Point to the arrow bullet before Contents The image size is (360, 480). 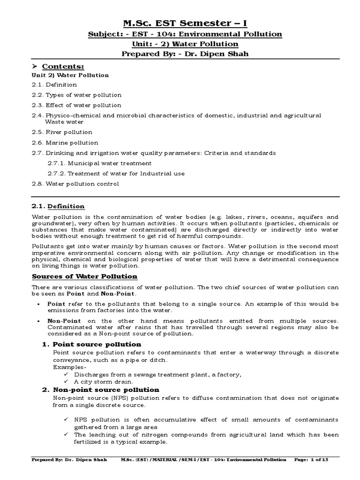coord(35,67)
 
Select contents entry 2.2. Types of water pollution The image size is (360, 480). coord(76,95)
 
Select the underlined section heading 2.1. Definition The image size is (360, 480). coord(58,206)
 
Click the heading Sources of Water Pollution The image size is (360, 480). coord(84,277)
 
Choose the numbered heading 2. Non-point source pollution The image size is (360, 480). coord(100,390)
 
